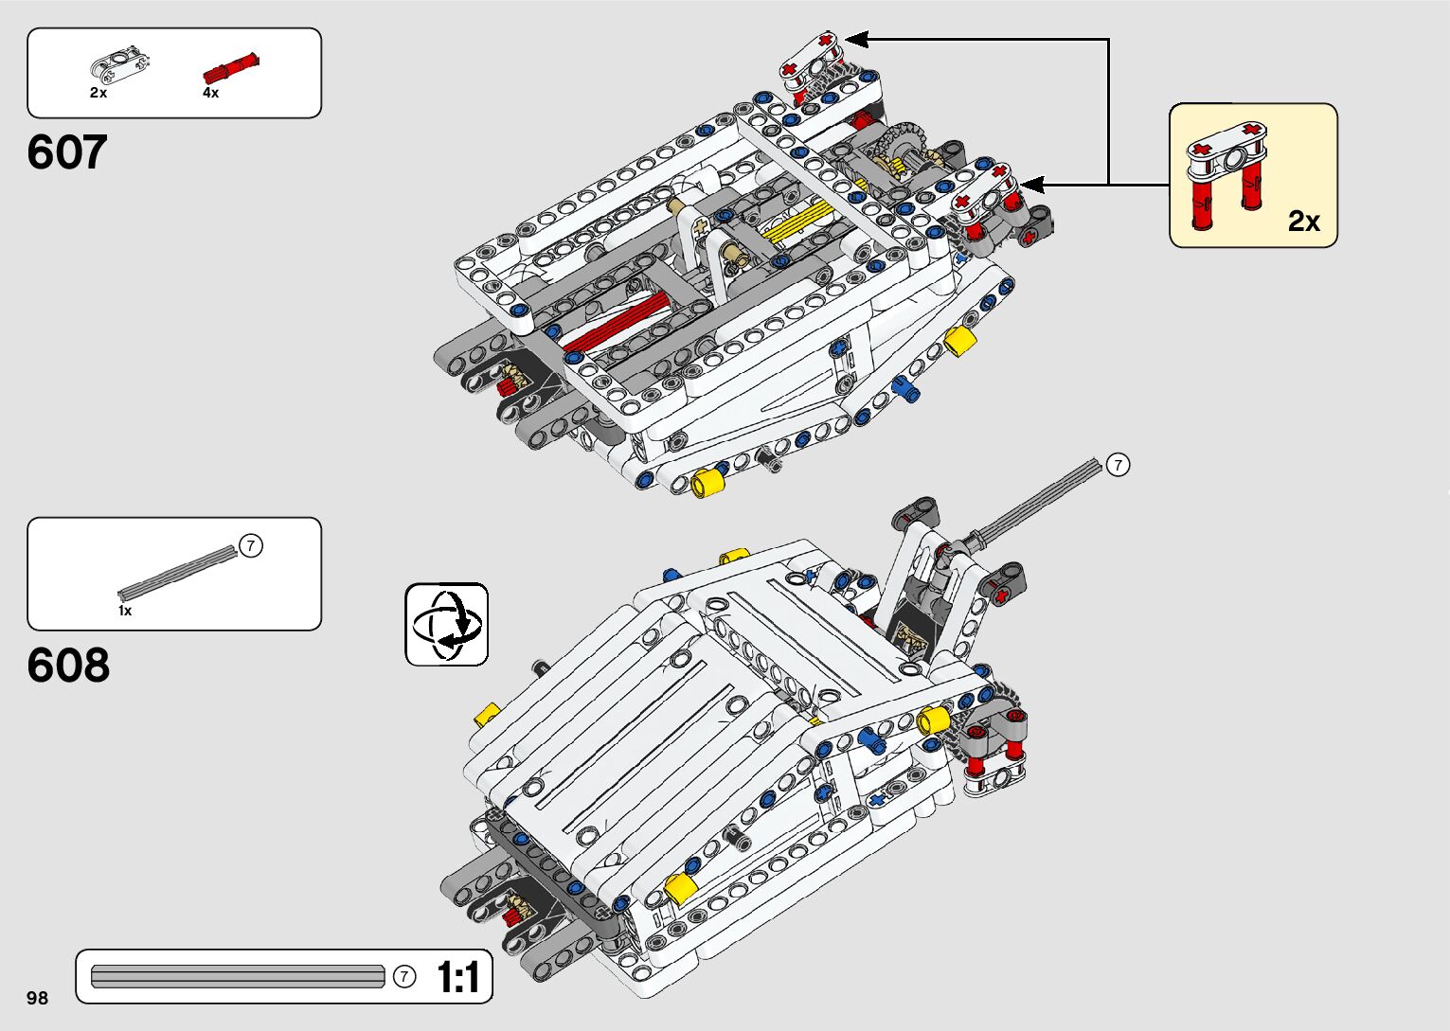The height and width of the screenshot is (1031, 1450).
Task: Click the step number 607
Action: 67,152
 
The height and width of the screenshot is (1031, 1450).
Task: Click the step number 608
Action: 68,666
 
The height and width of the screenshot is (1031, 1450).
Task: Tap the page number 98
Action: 37,998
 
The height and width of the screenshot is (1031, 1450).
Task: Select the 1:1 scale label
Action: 458,977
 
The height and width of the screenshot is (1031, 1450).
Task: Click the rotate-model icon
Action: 447,625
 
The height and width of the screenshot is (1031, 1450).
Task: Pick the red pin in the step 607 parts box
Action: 231,69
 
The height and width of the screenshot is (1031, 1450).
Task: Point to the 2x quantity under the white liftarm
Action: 98,93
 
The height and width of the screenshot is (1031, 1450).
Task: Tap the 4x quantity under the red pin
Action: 210,93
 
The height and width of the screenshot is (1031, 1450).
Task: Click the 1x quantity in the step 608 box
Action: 125,611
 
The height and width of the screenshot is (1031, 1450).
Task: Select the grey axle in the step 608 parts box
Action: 177,571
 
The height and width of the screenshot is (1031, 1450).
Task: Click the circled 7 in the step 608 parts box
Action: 250,546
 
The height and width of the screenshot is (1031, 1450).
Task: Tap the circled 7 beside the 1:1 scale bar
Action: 404,976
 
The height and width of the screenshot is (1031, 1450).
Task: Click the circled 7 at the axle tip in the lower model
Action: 1119,465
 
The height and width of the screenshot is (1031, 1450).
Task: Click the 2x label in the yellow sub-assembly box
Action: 1303,221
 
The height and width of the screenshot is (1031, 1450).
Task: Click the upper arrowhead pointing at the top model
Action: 855,39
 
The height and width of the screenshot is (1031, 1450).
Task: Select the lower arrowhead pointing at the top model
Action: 1030,185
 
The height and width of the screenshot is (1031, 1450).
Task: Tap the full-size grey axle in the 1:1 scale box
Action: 238,976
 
